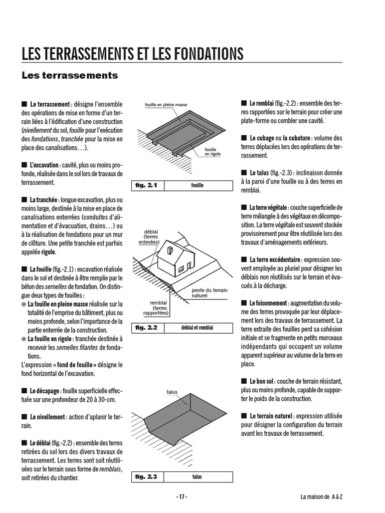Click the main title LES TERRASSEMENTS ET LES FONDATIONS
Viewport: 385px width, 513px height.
click(x=132, y=54)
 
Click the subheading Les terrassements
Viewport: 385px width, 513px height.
click(x=70, y=76)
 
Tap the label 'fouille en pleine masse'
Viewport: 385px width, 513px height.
click(x=166, y=105)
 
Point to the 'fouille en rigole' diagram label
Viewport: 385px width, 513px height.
click(x=213, y=152)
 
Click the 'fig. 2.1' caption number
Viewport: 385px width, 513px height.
click(x=146, y=185)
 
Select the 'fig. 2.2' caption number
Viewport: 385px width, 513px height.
click(x=146, y=328)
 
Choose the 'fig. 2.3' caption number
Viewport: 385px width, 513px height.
click(x=146, y=476)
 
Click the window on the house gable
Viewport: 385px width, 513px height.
click(x=170, y=250)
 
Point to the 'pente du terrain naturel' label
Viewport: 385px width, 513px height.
click(x=210, y=293)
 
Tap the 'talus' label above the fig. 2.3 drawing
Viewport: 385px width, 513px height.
click(x=172, y=392)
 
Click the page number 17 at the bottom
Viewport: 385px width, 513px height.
click(x=181, y=497)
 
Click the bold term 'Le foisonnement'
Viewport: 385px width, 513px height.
click(x=268, y=304)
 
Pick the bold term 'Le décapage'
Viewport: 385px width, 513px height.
click(x=45, y=390)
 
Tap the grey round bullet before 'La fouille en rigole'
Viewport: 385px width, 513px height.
click(x=24, y=339)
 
